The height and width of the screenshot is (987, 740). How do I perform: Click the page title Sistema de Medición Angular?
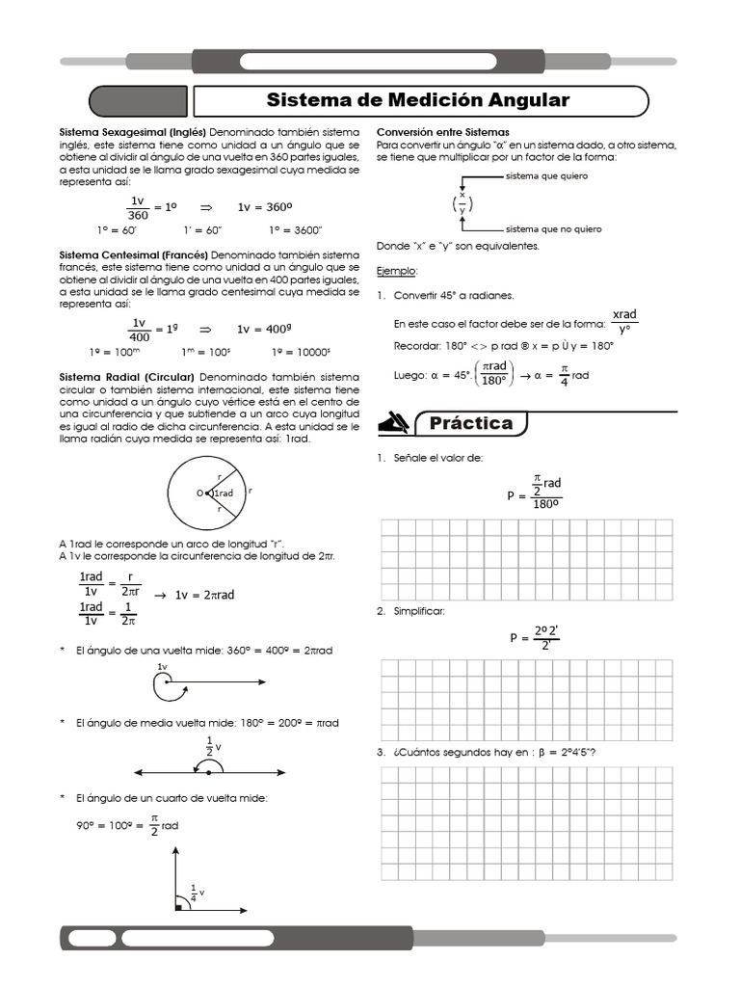click(417, 100)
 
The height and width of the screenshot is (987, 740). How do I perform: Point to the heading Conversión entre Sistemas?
click(442, 131)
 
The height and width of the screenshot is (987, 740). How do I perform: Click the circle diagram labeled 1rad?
click(208, 493)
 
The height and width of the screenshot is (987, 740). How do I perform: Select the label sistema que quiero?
click(545, 176)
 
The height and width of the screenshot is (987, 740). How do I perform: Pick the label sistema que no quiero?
click(553, 229)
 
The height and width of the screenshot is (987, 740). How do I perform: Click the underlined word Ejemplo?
click(396, 272)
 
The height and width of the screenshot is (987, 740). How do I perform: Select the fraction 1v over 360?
click(138, 207)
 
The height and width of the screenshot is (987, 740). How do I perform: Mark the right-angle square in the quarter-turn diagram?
click(180, 906)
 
